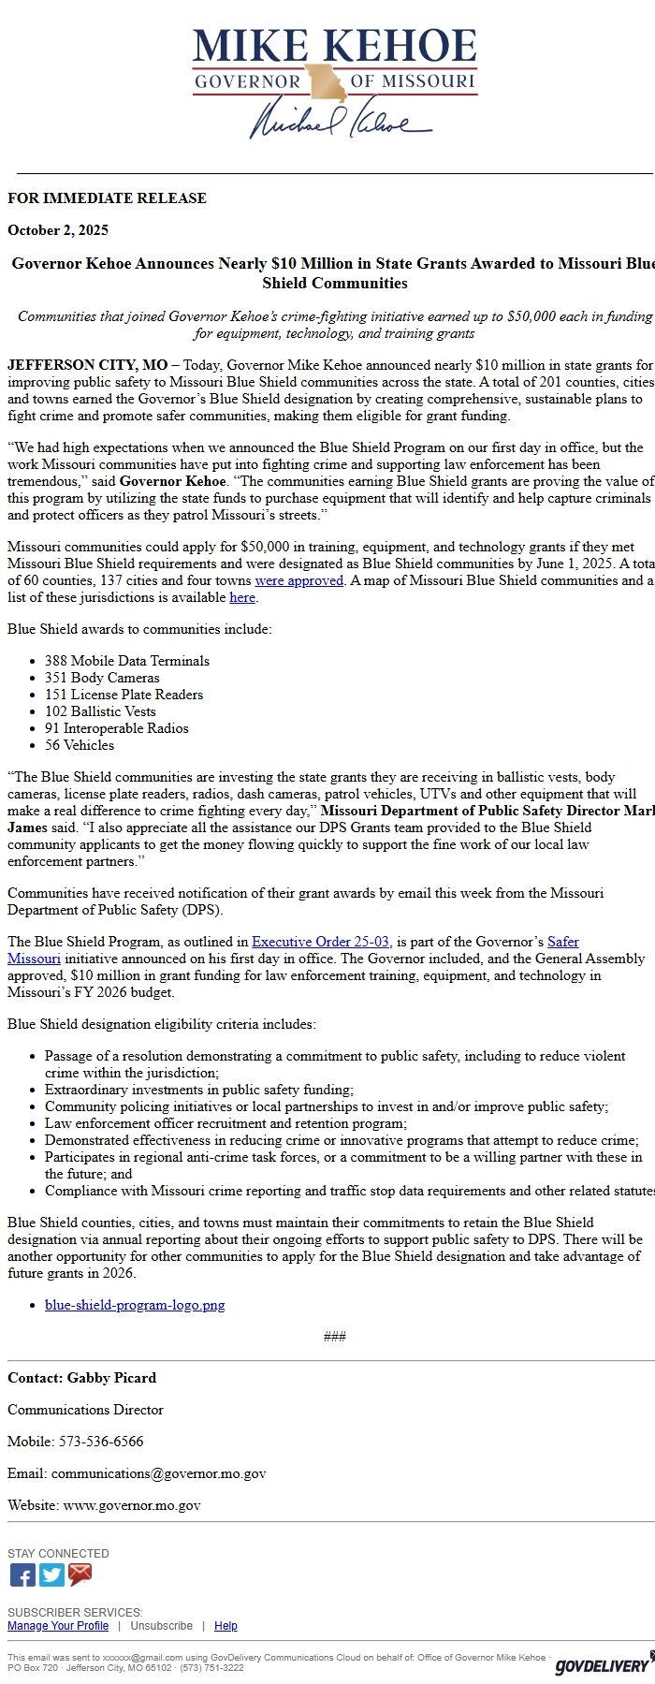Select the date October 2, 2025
point(58,230)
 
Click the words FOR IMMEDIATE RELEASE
point(107,198)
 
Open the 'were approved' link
point(298,580)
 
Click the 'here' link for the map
point(242,597)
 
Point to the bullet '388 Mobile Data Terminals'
point(126,661)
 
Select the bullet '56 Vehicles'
point(80,745)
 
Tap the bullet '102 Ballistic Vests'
point(100,711)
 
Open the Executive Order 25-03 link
point(320,942)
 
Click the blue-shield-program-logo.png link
point(135,1305)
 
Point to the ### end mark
point(334,1337)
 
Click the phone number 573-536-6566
point(101,1442)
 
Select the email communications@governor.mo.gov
point(158,1473)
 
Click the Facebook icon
point(22,1575)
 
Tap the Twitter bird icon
point(51,1575)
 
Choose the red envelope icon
point(80,1575)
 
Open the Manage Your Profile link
point(58,1626)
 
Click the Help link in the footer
point(226,1626)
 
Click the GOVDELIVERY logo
point(603,1665)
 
